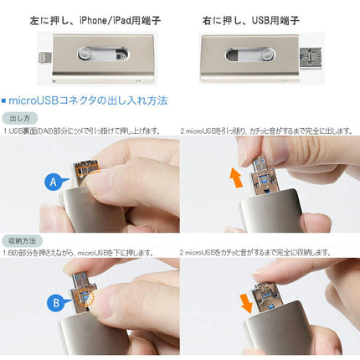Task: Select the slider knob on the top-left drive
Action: click(85, 54)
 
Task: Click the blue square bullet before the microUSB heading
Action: click(7, 100)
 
